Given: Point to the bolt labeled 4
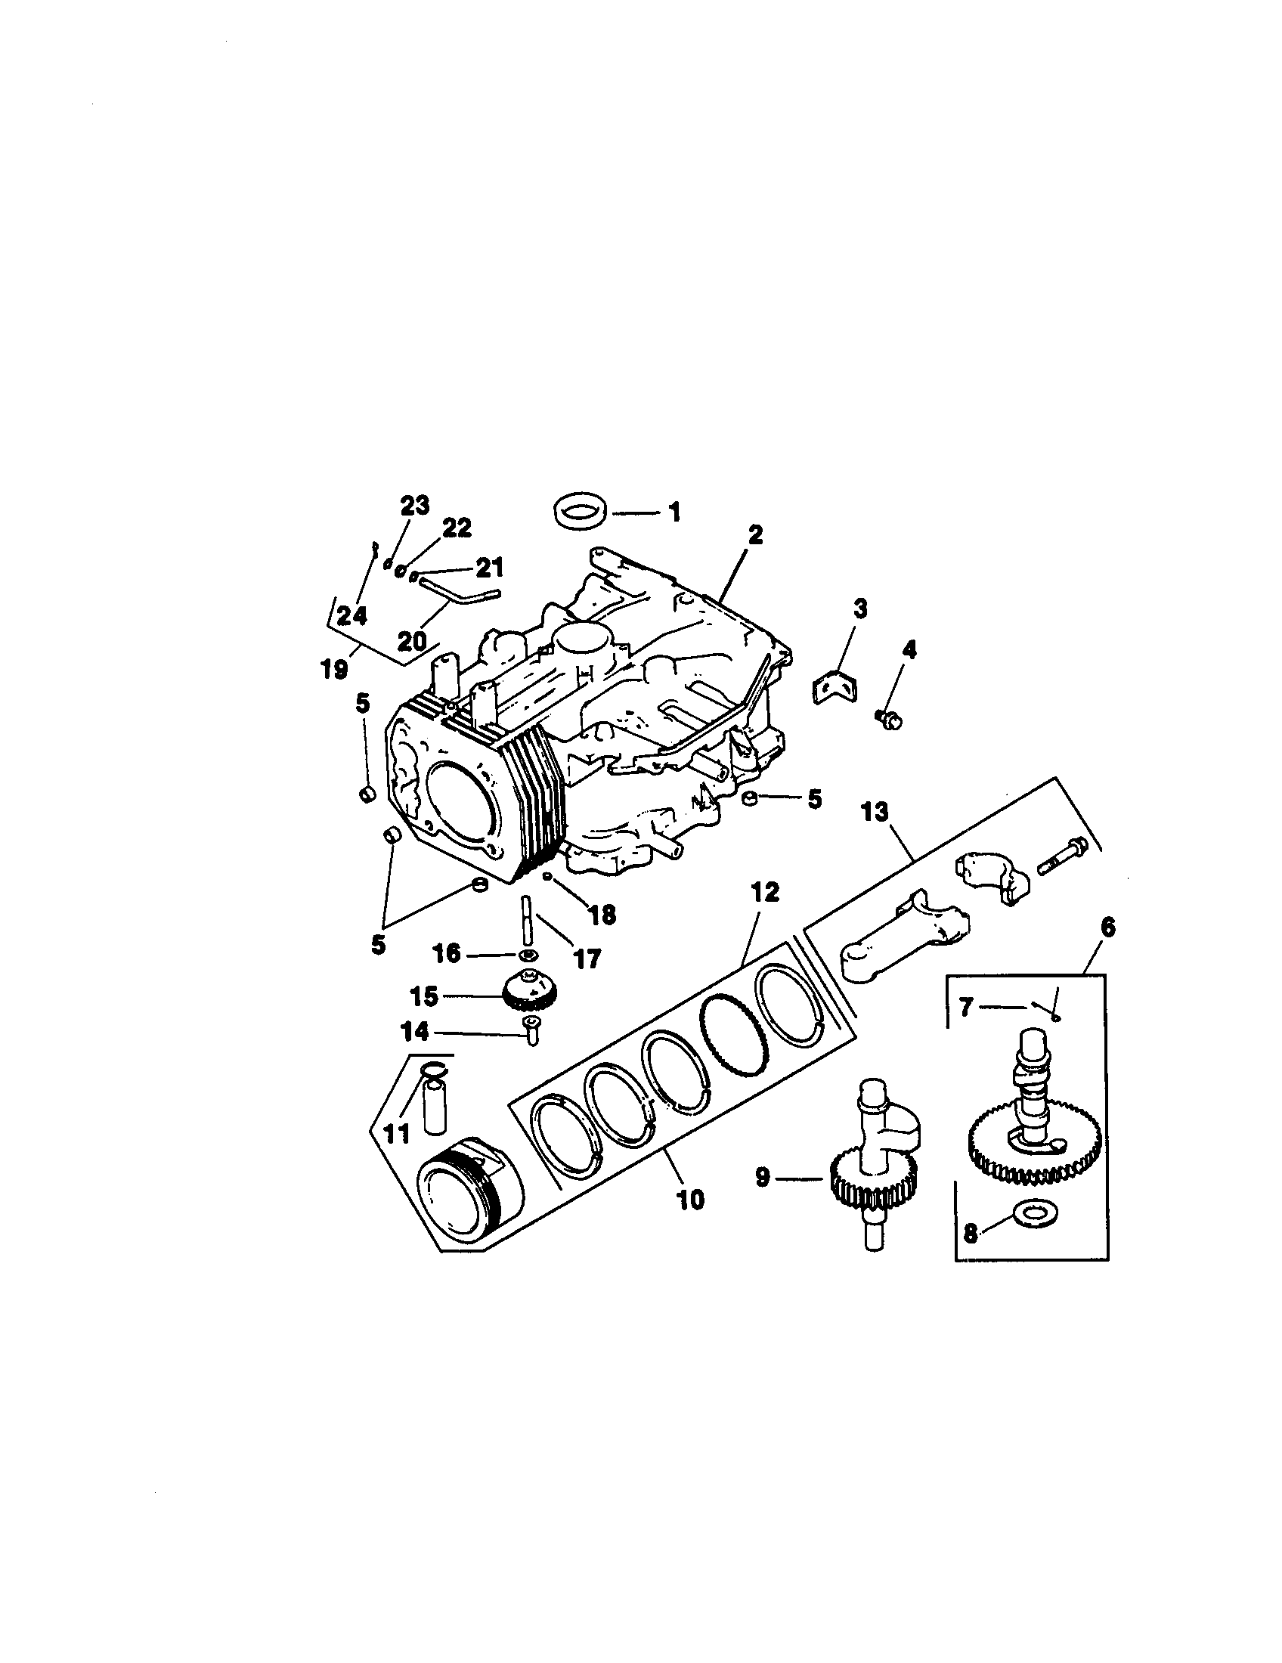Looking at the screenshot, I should [889, 717].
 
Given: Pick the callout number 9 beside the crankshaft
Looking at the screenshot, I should [764, 1177].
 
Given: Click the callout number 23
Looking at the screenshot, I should [415, 505].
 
